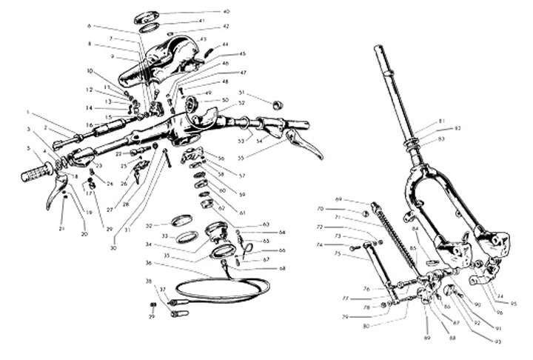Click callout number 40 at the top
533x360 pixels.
point(227,12)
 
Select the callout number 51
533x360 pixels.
point(241,92)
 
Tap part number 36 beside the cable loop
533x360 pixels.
point(149,263)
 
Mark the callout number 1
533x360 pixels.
point(28,113)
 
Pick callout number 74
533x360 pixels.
point(341,244)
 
